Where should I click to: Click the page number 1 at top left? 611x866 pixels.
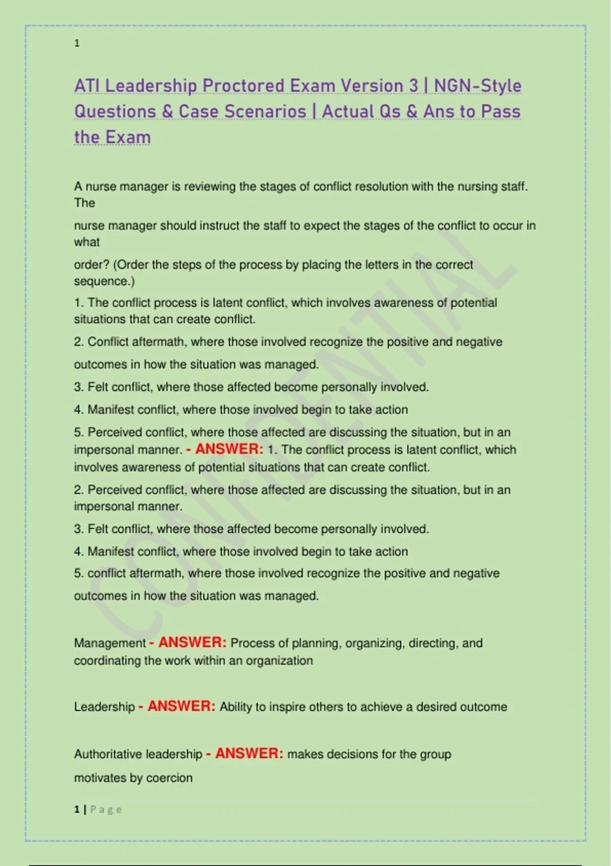[77, 43]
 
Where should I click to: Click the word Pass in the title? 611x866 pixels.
[501, 112]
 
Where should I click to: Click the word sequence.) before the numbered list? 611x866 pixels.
[104, 281]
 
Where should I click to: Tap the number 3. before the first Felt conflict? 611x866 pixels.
[79, 387]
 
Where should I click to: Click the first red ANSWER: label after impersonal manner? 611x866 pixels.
[229, 449]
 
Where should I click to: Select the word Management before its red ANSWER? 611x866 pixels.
[110, 643]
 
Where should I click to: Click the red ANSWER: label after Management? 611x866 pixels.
[192, 643]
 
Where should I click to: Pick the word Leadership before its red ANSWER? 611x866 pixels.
[104, 707]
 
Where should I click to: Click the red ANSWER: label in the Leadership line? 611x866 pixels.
[181, 707]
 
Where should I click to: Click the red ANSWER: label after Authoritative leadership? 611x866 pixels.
[249, 754]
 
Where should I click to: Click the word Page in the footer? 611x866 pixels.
[106, 809]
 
